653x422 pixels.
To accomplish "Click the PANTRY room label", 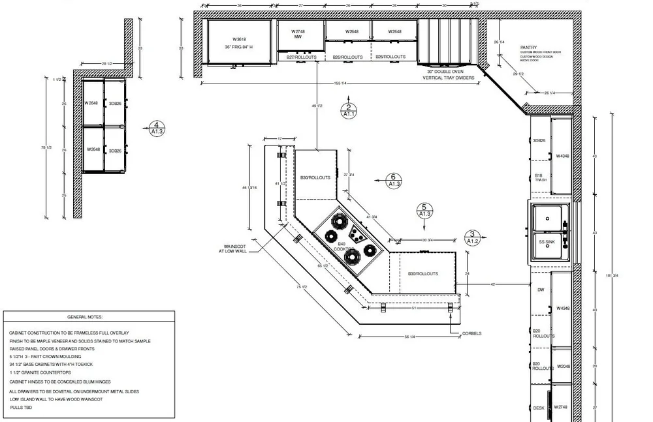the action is pos(528,48).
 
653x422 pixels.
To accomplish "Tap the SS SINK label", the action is pos(546,242).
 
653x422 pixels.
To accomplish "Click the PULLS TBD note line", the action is pos(22,407).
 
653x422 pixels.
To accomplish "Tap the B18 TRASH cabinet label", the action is pos(540,177).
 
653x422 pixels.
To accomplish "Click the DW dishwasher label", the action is pos(540,290).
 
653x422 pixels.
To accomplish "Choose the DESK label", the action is pos(538,408).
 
